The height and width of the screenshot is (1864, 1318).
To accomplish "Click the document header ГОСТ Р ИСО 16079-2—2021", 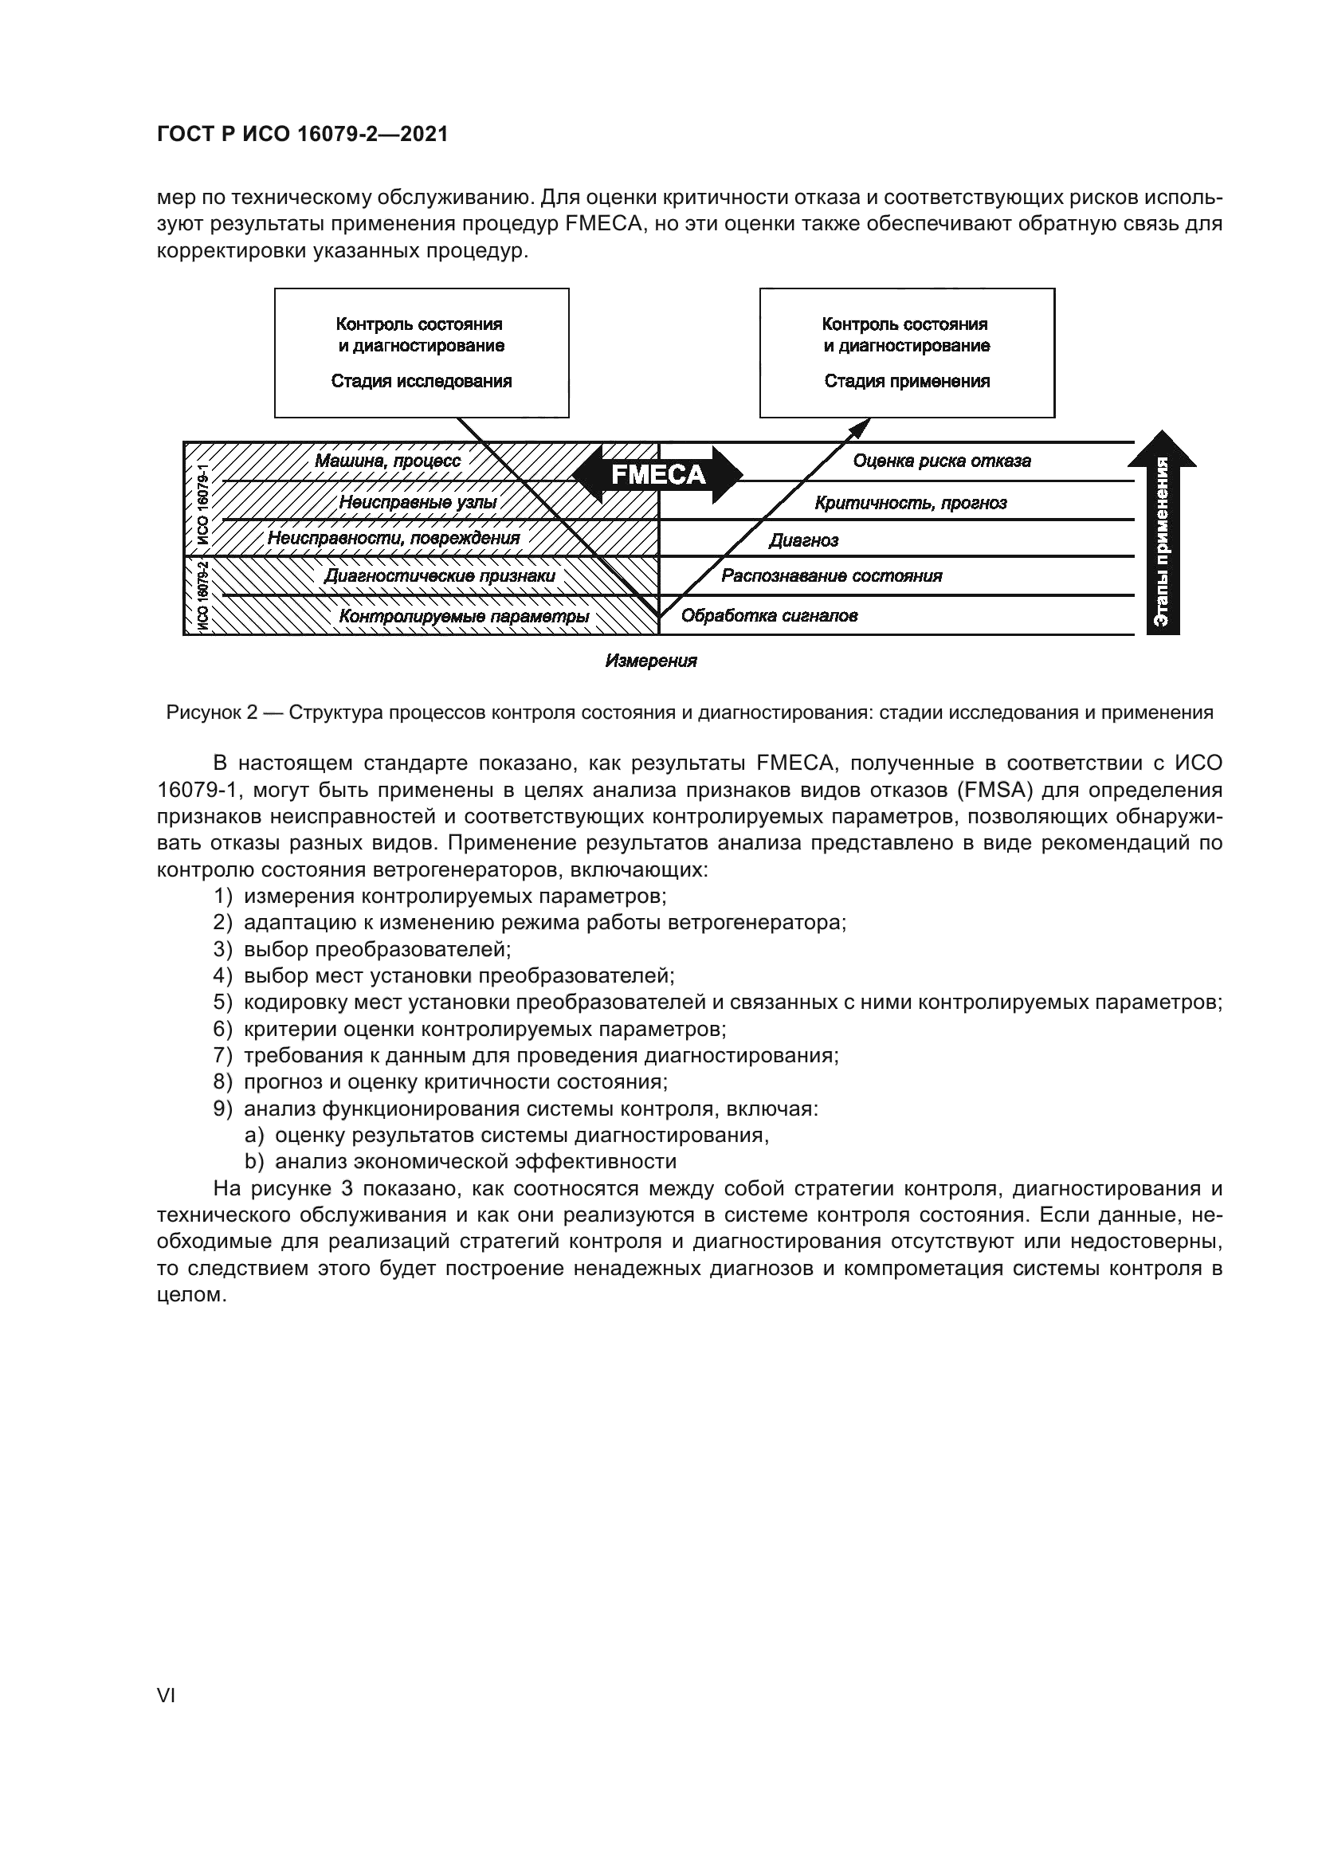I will [302, 135].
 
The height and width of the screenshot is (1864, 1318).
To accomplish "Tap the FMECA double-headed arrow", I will [657, 475].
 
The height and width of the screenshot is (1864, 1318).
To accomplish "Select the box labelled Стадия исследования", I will [422, 353].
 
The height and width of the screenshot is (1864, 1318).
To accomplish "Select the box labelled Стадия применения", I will [907, 353].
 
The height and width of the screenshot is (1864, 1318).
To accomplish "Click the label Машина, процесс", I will [387, 461].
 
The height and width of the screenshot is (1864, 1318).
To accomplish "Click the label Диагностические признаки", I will [439, 576].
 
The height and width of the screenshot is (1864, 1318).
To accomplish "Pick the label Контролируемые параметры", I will [464, 616].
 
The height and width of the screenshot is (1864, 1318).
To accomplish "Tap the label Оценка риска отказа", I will [941, 461].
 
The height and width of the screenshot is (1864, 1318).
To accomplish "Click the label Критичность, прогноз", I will [911, 503].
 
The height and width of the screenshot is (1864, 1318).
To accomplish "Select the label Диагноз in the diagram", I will [803, 540].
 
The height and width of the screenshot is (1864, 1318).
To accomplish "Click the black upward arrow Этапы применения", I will [1162, 536].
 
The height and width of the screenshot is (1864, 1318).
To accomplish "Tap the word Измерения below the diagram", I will [651, 661].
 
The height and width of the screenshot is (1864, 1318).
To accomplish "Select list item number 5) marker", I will [223, 1003].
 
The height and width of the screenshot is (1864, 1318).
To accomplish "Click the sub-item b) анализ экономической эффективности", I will [475, 1162].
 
